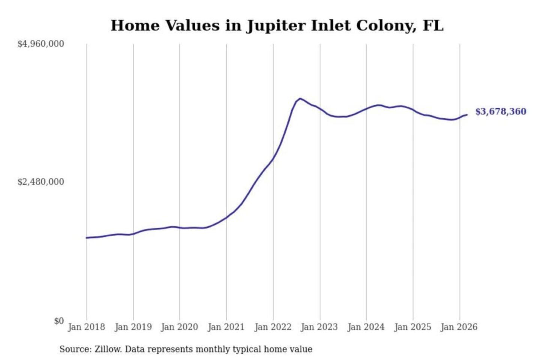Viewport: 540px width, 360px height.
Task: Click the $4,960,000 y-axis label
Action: pos(40,44)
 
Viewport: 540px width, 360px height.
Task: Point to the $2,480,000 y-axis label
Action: pos(40,182)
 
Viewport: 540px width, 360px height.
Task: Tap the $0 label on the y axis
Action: pos(59,321)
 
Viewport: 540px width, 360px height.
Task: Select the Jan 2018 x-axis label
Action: pos(86,327)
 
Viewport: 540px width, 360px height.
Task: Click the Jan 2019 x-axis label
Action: pos(133,327)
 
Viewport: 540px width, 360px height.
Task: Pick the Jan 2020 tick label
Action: pos(179,327)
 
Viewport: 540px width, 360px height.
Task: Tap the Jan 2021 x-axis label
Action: pos(226,327)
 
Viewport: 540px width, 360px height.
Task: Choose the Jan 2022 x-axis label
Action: pos(273,327)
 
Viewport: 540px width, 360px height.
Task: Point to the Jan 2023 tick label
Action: pos(319,327)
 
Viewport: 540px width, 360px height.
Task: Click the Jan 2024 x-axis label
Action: pos(366,327)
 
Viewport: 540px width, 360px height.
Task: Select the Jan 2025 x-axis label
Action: pos(413,327)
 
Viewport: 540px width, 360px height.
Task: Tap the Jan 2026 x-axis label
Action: pos(459,327)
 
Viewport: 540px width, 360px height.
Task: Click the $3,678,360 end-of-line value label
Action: pos(501,112)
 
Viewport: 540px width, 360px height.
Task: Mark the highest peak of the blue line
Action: pos(300,99)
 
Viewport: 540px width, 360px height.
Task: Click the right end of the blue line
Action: pos(467,115)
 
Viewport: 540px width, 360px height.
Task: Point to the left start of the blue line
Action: pos(87,238)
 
